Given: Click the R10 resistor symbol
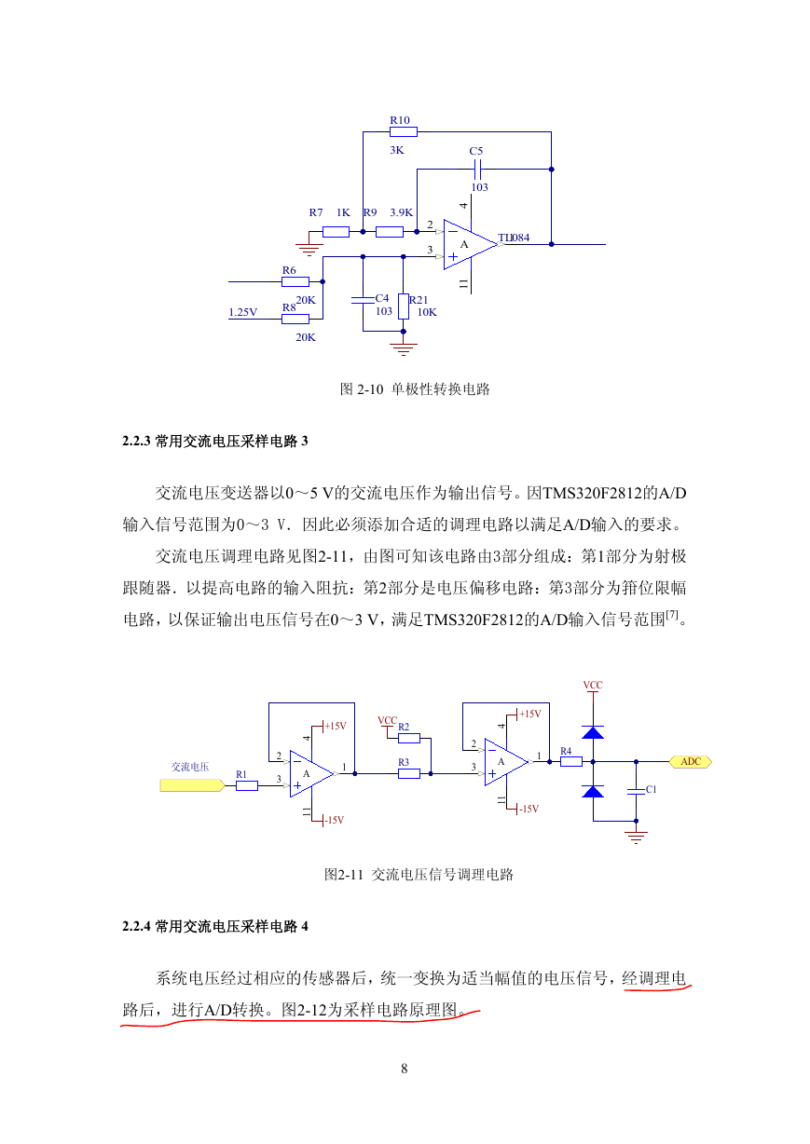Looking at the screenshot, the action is (x=404, y=132).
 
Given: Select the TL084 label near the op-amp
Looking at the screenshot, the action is (x=514, y=238).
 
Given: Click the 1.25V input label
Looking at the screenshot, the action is (x=242, y=312).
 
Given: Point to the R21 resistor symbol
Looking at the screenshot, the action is (x=404, y=306).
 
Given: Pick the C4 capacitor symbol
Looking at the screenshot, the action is (x=363, y=300).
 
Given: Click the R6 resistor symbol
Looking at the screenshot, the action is (x=295, y=281).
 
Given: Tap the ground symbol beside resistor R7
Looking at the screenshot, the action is (x=309, y=249).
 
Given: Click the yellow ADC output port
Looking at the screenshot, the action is (x=691, y=761).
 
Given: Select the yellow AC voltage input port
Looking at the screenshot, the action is (x=192, y=785).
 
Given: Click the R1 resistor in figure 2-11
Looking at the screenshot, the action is (x=247, y=785).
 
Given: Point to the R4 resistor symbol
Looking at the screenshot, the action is (x=571, y=762).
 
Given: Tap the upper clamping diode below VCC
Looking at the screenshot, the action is (x=593, y=732).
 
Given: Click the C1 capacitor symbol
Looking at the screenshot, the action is (x=636, y=791).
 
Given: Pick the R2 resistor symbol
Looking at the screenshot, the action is (x=409, y=738).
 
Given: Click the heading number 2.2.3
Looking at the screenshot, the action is (x=136, y=441).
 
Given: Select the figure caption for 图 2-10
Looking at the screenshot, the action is (x=415, y=389).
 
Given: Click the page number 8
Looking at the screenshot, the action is (x=405, y=1069).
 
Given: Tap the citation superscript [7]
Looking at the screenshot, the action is (x=672, y=615).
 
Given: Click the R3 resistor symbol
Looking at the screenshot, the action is (x=409, y=774).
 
